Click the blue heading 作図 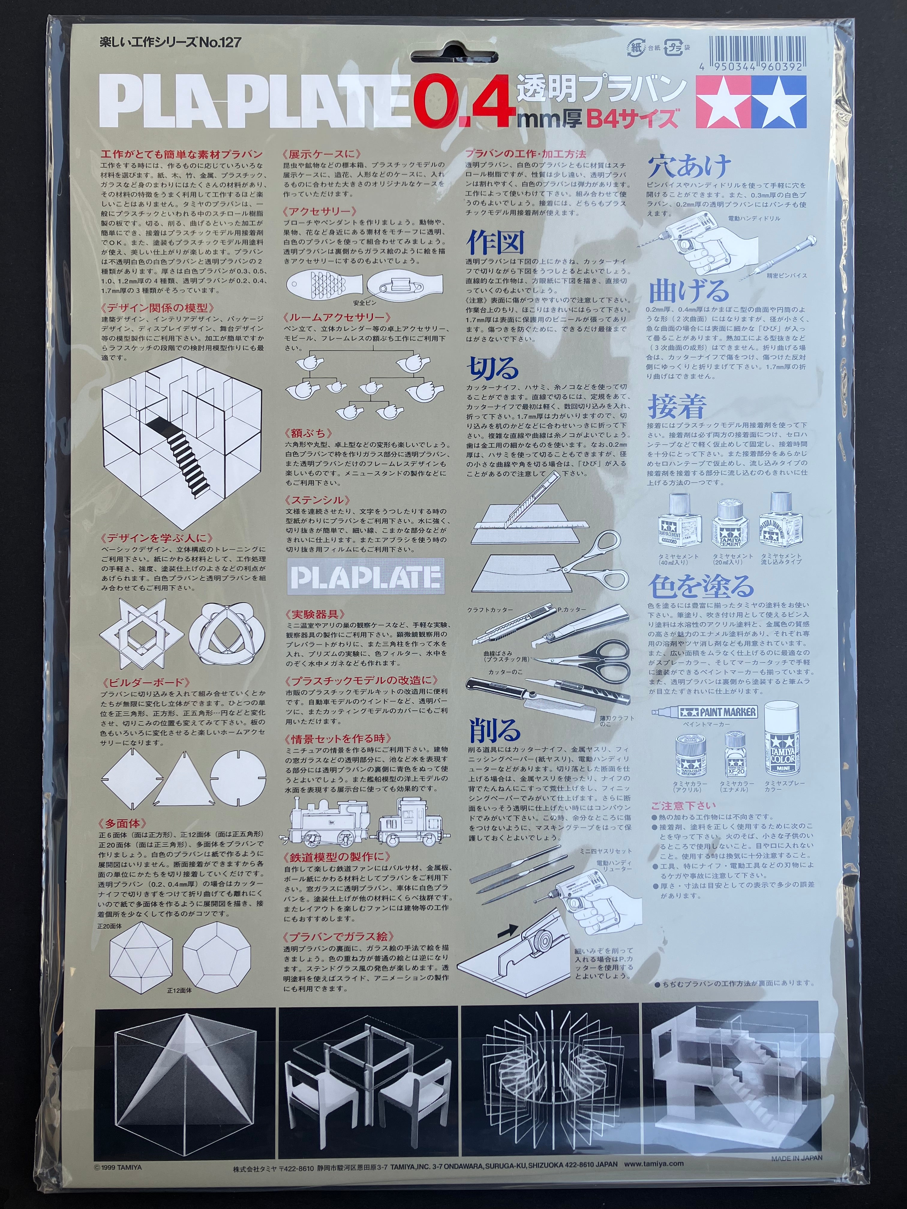pos(495,242)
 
